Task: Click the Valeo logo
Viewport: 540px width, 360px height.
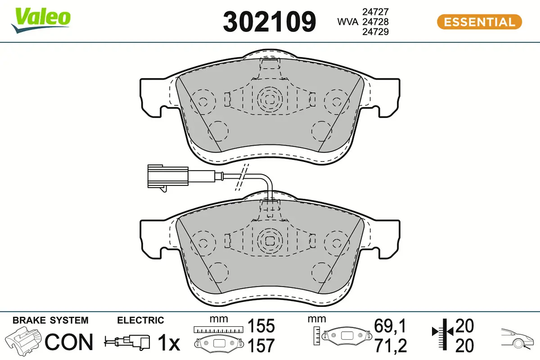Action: (41, 20)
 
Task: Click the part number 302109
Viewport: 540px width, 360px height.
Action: (269, 22)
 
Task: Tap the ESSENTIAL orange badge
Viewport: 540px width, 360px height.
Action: (479, 22)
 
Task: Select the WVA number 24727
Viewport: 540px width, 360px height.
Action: (375, 12)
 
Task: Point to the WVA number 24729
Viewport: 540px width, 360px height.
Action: (375, 31)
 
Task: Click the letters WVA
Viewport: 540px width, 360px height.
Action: (347, 22)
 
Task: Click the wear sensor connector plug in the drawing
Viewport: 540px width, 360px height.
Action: (168, 177)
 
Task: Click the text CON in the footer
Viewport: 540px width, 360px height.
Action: (69, 342)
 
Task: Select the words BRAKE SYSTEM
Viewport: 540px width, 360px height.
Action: (50, 320)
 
